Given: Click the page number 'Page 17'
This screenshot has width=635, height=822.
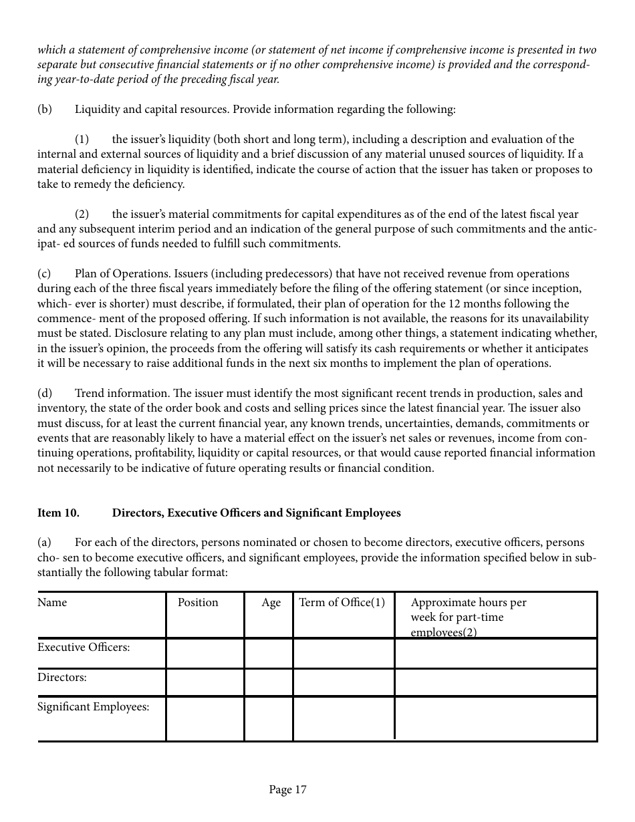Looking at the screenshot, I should coord(287,790).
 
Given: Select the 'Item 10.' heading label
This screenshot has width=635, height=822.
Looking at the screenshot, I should coord(58,513).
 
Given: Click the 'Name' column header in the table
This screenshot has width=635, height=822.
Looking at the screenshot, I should coord(52,603).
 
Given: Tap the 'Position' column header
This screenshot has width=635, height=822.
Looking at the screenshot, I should coord(198,603).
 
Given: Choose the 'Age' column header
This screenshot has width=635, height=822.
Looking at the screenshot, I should coord(271,603).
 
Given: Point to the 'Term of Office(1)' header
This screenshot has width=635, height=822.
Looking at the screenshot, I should coord(342,603).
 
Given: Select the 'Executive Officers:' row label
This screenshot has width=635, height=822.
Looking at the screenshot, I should coord(84,648).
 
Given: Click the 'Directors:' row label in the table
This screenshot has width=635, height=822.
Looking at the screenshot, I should coord(62,678).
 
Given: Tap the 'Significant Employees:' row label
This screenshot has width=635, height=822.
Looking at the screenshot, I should coord(93,707).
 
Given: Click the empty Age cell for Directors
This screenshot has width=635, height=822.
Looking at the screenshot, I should coord(268,682).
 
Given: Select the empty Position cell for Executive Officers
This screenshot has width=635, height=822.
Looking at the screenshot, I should coord(205,653).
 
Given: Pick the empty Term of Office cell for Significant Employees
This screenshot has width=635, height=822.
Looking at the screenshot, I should coord(343,718).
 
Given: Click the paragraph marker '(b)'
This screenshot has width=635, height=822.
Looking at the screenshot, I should coord(44,110).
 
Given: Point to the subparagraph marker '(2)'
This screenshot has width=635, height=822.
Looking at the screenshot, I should coord(82,215).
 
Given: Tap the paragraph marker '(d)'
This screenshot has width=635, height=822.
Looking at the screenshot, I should coord(44,394).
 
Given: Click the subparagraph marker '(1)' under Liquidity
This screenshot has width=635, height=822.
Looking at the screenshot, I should coord(82,140).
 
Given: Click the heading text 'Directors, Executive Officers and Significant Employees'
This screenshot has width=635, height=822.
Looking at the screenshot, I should coord(256,513).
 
